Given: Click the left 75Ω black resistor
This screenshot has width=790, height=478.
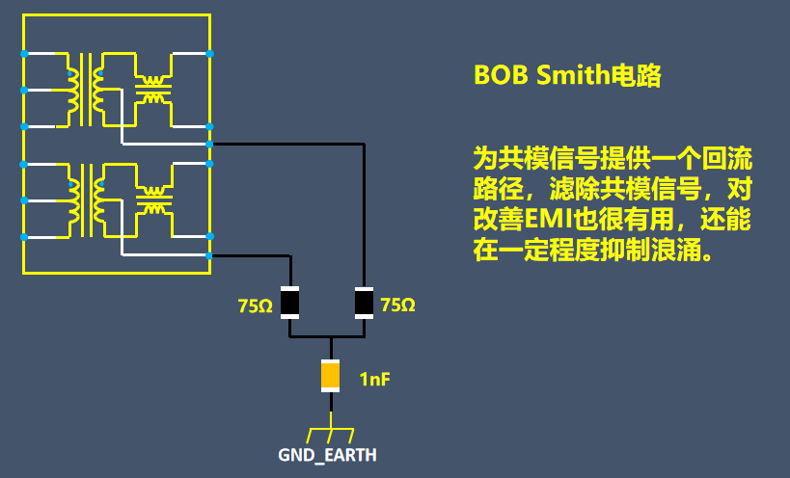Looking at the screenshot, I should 289,303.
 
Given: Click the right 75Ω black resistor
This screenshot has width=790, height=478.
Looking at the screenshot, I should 364,303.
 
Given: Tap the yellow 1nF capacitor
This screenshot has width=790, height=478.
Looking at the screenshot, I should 331,375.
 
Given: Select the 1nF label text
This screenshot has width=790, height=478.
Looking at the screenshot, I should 375,380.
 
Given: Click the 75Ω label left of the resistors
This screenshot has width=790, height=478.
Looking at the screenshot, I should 256,306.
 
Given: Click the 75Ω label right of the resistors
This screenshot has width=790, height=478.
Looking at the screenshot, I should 398,305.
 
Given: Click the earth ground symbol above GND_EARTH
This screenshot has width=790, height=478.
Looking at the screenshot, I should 331,430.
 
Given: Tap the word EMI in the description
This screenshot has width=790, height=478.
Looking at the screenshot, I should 546,218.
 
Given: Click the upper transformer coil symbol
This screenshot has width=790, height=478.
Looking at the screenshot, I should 86,90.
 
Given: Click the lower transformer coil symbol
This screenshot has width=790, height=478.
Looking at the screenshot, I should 86,199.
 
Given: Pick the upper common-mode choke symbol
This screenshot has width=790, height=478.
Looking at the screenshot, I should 152,90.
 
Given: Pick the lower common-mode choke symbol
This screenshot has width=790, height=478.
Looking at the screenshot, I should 152,199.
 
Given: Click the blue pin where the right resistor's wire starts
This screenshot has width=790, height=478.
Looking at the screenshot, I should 210,145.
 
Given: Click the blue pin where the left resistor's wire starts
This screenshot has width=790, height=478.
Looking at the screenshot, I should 210,255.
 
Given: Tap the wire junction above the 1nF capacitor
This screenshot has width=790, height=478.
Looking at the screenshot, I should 331,338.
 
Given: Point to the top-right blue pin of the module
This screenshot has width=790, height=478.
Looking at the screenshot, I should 210,54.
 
